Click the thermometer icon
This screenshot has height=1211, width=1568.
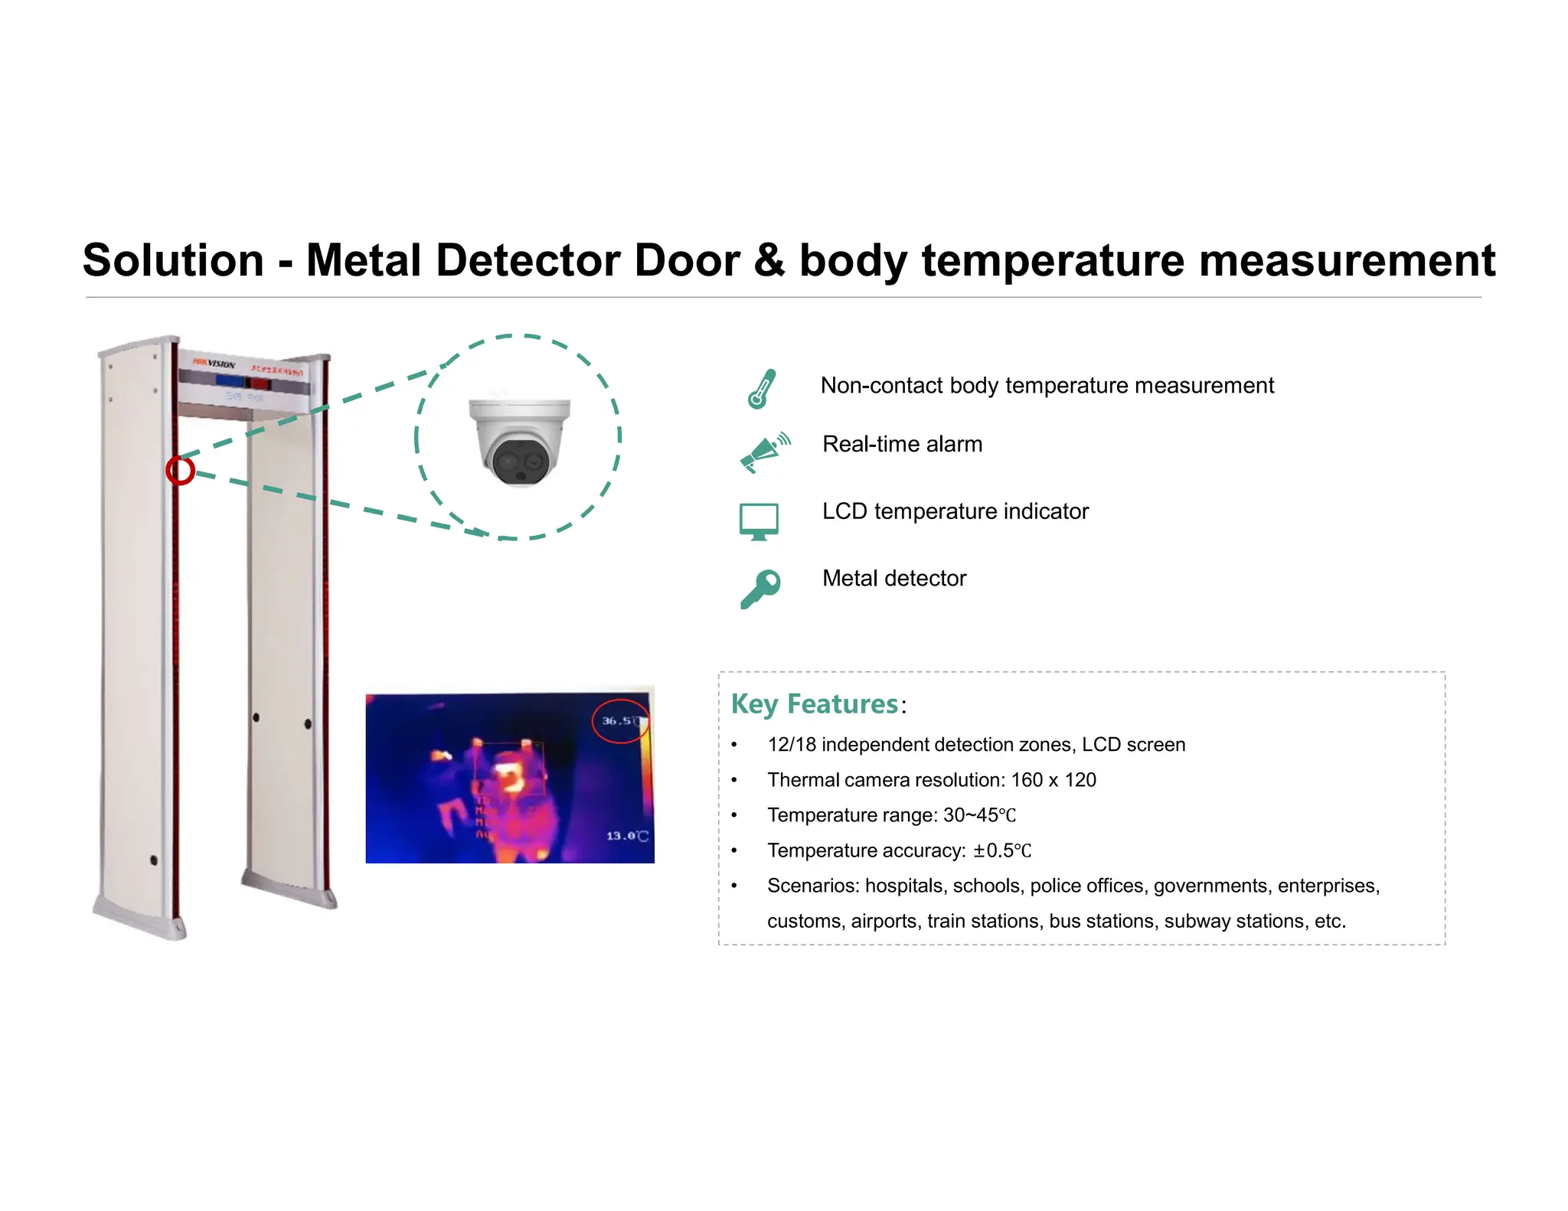761,389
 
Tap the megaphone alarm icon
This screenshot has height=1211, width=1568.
763,452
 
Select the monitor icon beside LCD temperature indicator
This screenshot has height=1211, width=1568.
759,521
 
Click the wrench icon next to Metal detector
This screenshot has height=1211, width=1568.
760,589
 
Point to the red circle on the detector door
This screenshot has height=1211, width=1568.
181,470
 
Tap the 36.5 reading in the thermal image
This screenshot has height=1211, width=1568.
617,721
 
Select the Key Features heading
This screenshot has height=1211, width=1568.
815,704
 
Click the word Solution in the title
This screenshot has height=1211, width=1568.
173,260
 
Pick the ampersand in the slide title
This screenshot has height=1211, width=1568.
769,260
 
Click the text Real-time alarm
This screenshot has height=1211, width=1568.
902,445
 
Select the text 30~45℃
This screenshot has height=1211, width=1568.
979,815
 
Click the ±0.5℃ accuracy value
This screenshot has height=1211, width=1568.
1002,850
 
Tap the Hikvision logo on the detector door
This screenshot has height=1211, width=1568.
214,364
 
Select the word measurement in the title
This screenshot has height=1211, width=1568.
1347,260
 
